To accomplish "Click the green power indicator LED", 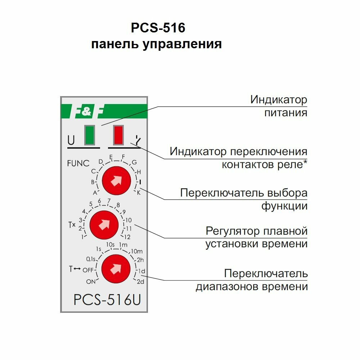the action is [x=90, y=135].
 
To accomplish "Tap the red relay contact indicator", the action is [x=118, y=135].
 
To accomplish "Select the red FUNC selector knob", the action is [x=116, y=181].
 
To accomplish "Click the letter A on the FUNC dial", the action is [x=95, y=193].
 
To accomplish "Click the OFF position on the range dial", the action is [x=88, y=270].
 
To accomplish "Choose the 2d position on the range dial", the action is [x=140, y=282].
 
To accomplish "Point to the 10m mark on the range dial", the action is [x=137, y=251].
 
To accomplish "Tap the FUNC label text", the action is [x=78, y=163].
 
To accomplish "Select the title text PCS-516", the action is [x=158, y=28].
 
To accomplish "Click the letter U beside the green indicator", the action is [x=71, y=140].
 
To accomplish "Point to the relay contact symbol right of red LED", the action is [x=138, y=140].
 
